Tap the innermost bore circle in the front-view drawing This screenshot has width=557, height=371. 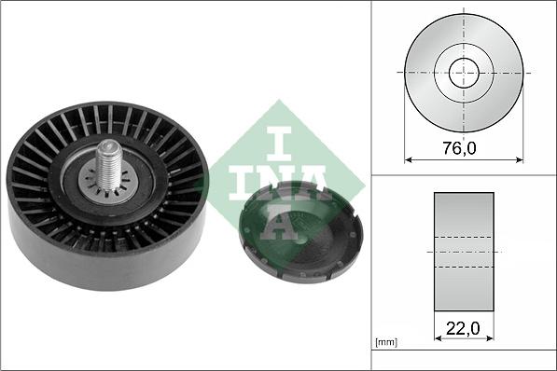point(464,73)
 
